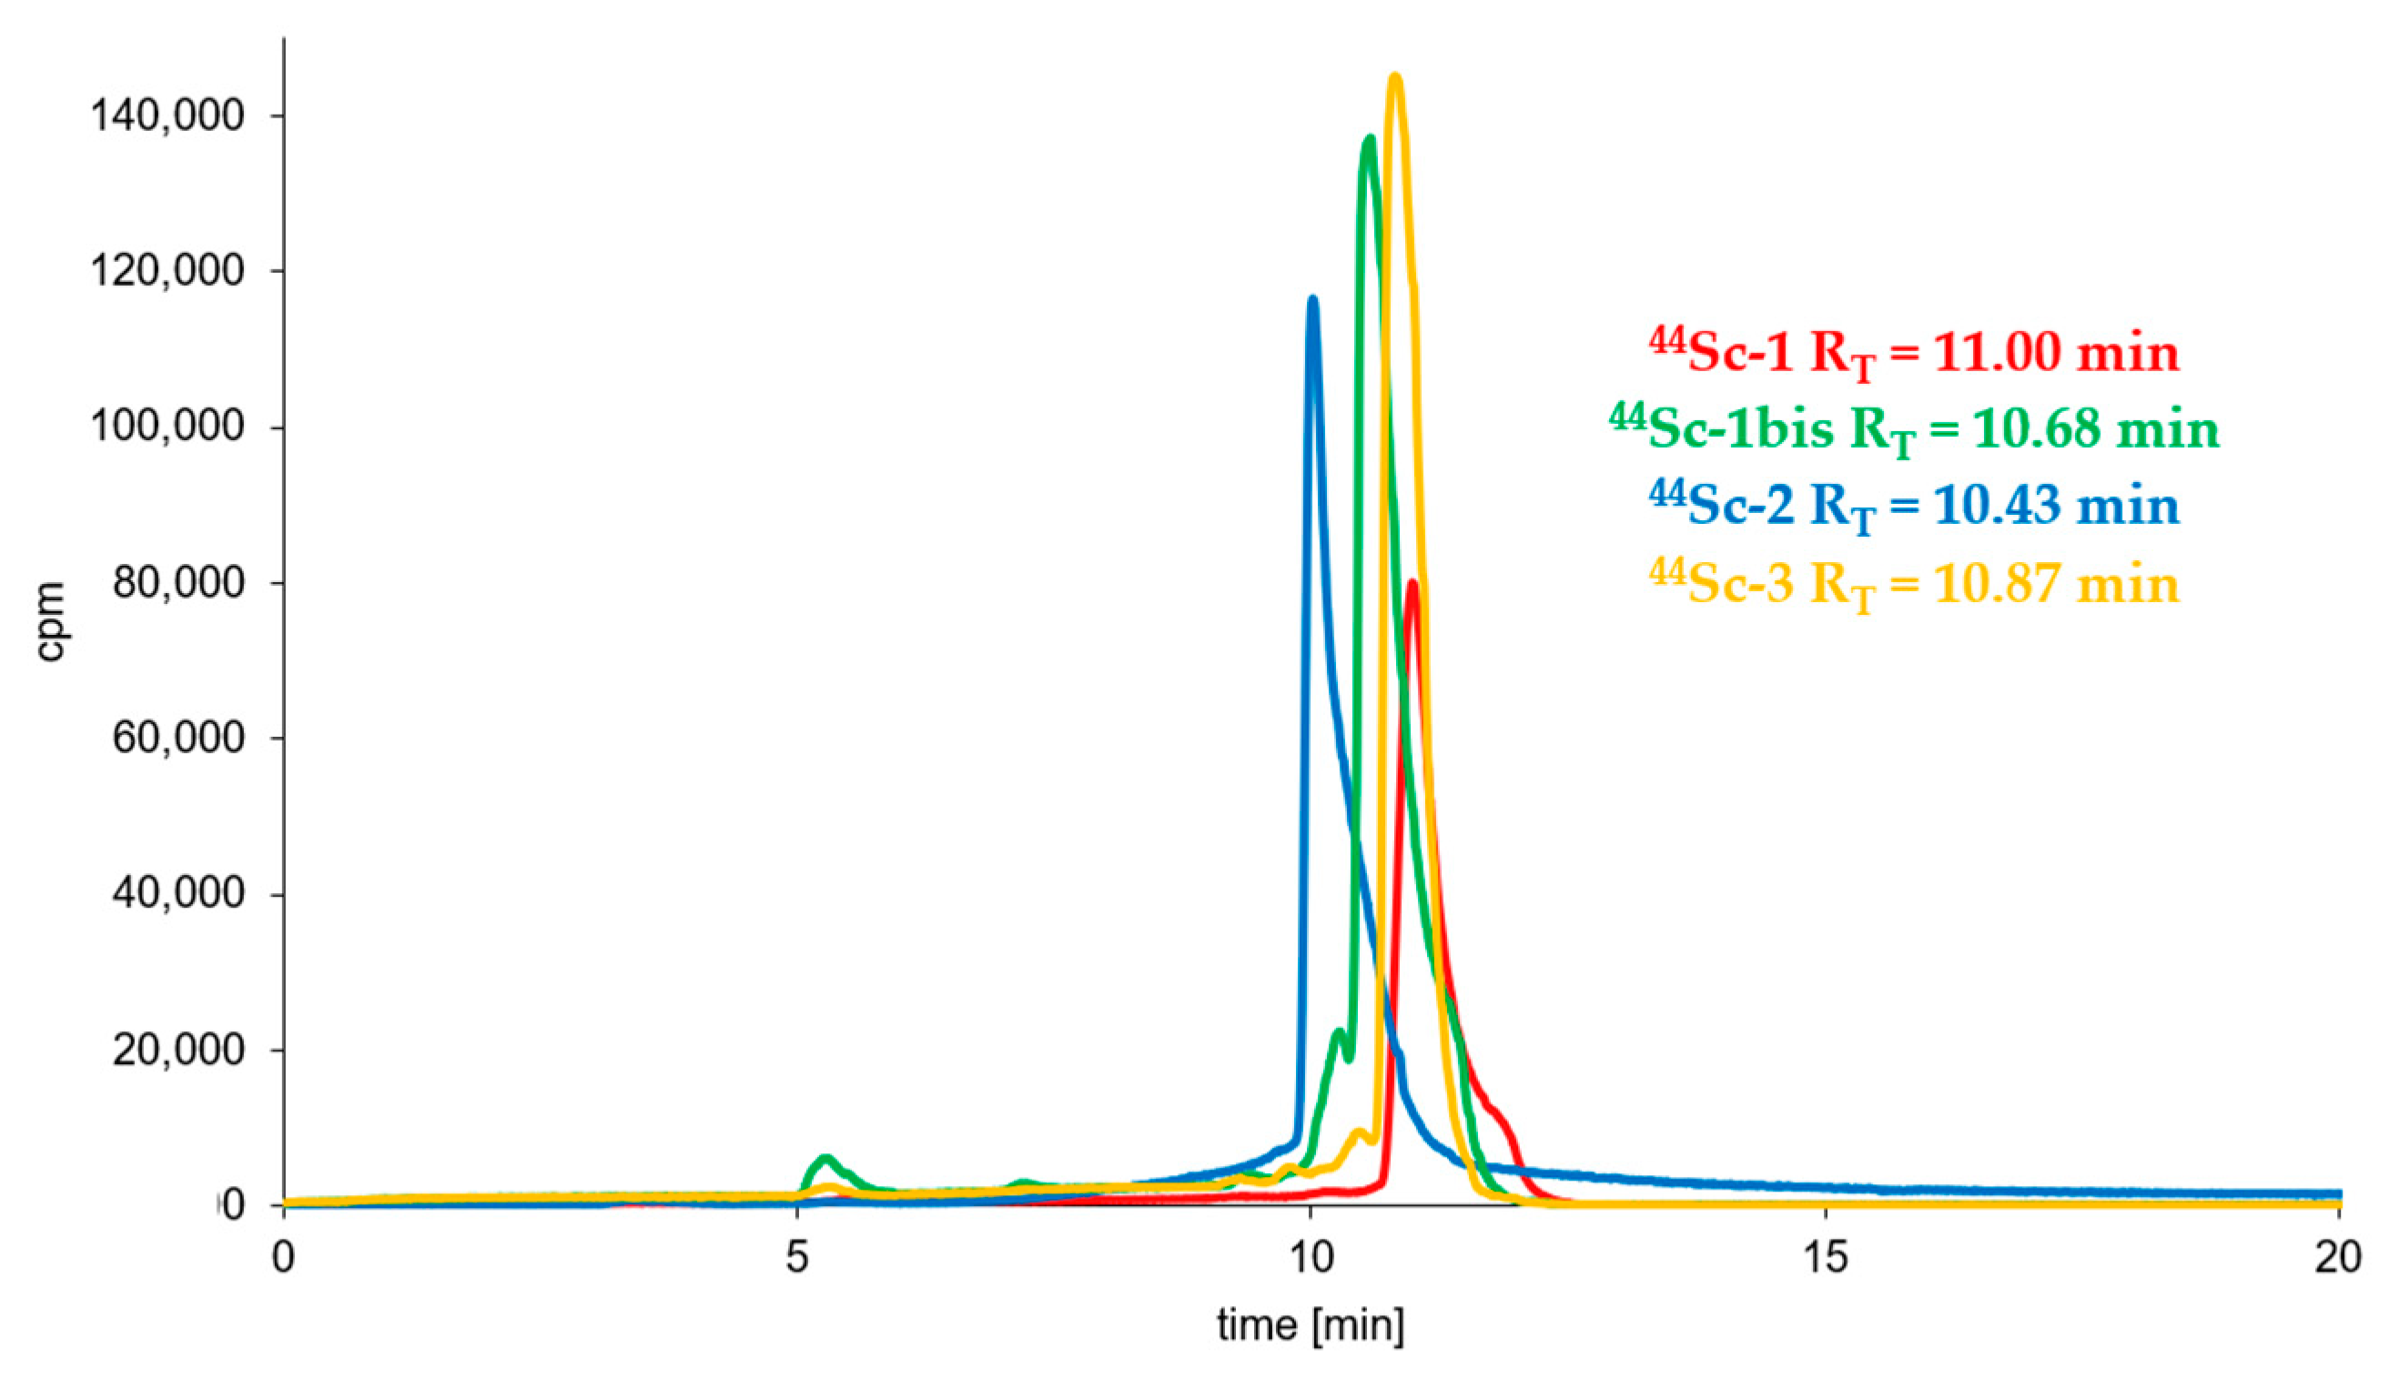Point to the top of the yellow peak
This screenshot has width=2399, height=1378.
click(x=1393, y=77)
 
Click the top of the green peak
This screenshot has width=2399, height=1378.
click(x=1369, y=140)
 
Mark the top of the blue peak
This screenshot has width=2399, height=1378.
click(x=1312, y=301)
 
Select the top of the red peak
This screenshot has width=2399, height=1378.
click(x=1412, y=585)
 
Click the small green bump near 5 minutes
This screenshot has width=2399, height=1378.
click(x=825, y=1159)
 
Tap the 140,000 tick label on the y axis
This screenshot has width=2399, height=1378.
click(x=167, y=116)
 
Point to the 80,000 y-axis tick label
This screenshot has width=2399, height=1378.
click(x=178, y=583)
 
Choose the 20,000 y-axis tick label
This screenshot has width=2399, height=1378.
click(x=178, y=1050)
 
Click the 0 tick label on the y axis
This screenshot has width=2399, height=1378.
click(x=233, y=1206)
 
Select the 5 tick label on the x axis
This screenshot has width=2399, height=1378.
click(x=797, y=1258)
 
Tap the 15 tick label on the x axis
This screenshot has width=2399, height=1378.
click(x=1826, y=1258)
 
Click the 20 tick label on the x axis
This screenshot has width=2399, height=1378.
click(x=2338, y=1258)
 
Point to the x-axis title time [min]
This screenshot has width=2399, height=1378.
click(x=1311, y=1326)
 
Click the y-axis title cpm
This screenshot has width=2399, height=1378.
click(x=49, y=621)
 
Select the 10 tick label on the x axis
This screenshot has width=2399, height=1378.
click(x=1311, y=1258)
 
